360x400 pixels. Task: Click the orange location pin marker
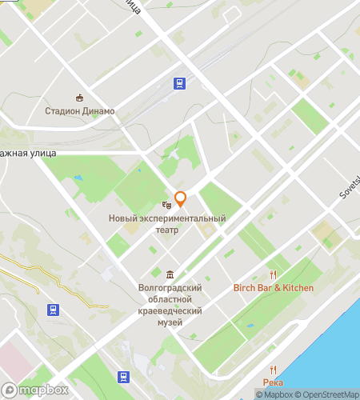pyautogui.click(x=180, y=198)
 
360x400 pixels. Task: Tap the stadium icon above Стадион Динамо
pyautogui.click(x=79, y=98)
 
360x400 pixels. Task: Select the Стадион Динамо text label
pyautogui.click(x=79, y=111)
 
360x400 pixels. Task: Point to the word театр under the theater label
pyautogui.click(x=166, y=230)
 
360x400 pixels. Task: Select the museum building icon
pyautogui.click(x=170, y=274)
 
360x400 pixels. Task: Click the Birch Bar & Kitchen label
pyautogui.click(x=273, y=288)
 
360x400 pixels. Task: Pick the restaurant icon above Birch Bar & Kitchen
pyautogui.click(x=273, y=274)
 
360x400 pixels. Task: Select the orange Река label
pyautogui.click(x=272, y=383)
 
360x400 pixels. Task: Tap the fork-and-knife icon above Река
pyautogui.click(x=272, y=370)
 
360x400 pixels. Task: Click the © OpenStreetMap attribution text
pyautogui.click(x=327, y=394)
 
